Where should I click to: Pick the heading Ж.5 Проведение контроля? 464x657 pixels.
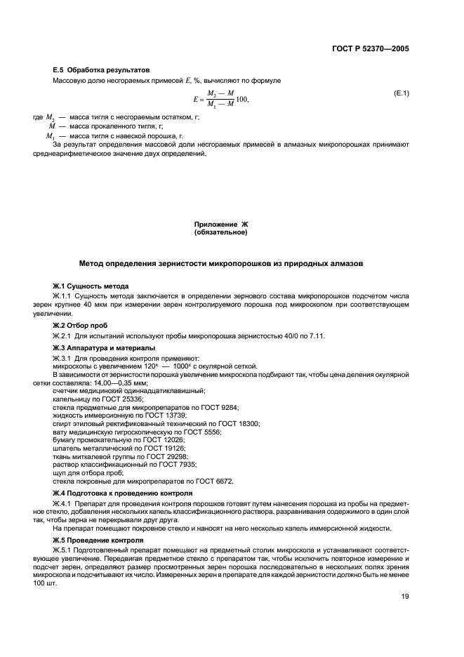[98, 540]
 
